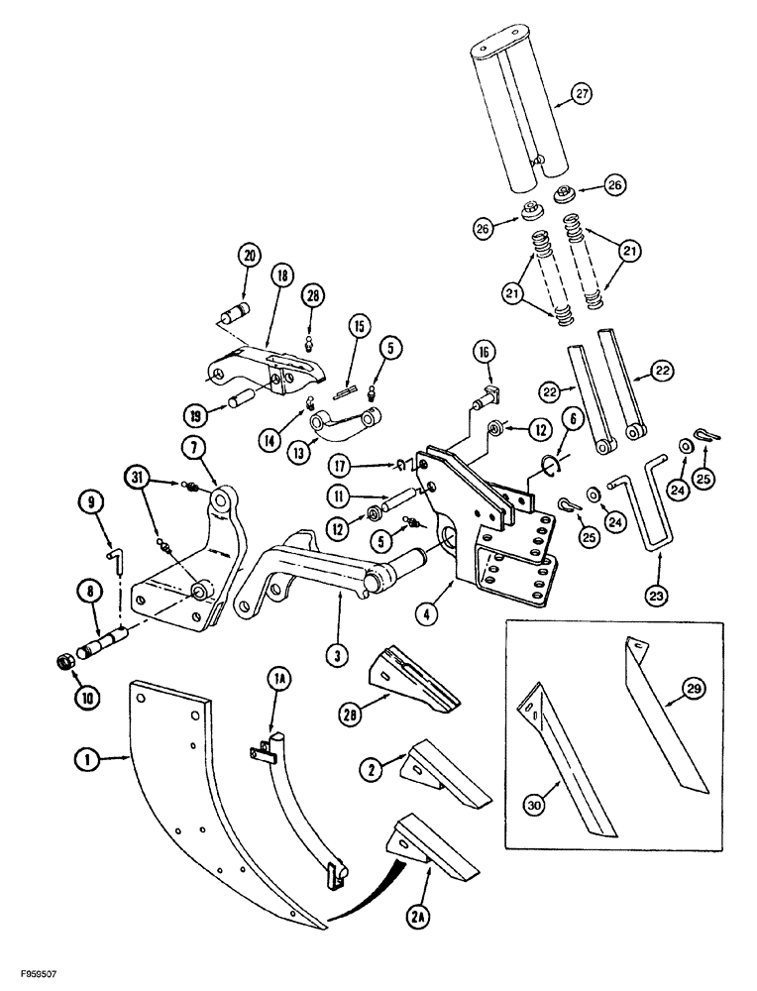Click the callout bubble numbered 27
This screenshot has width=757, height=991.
[582, 96]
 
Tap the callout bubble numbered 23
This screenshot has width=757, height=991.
[657, 596]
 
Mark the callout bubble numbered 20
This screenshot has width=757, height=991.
[248, 256]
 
